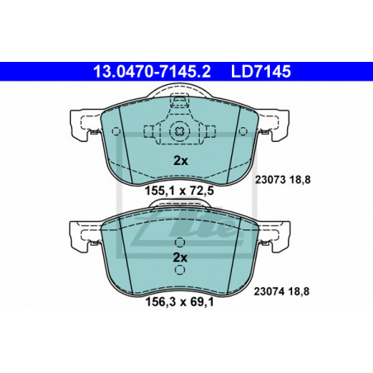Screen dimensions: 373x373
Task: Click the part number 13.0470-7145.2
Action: tap(152, 72)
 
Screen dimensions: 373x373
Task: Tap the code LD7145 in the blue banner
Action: tap(261, 72)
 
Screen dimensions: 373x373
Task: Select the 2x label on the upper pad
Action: tap(181, 161)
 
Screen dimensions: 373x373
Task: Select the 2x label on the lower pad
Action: tap(180, 257)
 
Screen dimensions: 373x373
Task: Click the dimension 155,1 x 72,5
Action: tap(179, 191)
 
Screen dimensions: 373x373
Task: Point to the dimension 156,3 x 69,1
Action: tap(179, 302)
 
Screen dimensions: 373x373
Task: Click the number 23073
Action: tap(271, 180)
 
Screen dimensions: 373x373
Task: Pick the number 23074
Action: tap(269, 291)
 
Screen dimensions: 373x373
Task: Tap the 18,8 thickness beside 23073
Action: tap(300, 180)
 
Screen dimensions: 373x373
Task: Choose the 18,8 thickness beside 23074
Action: tap(299, 291)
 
